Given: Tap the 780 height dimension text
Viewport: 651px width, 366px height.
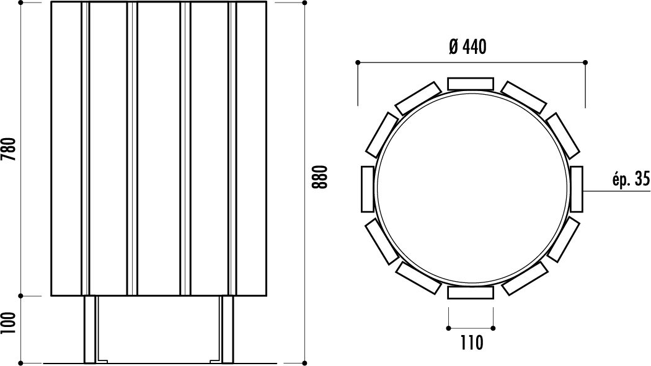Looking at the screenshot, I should [x=8, y=149].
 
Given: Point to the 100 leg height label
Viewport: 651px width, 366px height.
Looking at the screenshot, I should [x=8, y=322].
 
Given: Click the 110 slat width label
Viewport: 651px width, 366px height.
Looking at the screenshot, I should [x=471, y=342].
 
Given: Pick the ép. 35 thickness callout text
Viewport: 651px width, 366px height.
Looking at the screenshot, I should [x=630, y=180].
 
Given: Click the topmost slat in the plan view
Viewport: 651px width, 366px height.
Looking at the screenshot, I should [x=471, y=84].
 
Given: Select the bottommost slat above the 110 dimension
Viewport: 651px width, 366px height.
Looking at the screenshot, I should [x=471, y=293].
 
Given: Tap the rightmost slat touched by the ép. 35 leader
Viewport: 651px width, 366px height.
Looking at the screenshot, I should [x=577, y=188].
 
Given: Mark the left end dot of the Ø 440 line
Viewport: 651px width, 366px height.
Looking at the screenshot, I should [x=358, y=62].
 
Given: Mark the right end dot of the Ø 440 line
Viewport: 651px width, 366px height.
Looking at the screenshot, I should [x=585, y=62].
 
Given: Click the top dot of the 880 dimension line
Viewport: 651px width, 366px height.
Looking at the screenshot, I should [x=305, y=2].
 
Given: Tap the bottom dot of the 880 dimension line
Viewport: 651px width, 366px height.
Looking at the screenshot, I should [x=305, y=361].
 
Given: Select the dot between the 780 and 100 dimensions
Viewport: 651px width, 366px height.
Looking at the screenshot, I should [x=22, y=295].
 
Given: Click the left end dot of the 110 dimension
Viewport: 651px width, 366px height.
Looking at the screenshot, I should [x=448, y=326].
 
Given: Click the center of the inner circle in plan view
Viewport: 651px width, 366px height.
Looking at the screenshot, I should [x=472, y=188].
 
